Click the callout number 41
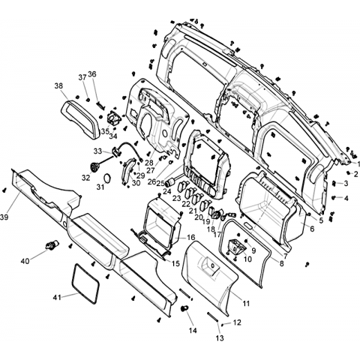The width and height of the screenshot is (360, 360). coord(57,298)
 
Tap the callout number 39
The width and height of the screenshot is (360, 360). coord(4,217)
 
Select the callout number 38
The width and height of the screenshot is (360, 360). coord(58,86)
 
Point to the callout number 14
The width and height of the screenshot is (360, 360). coord(193,331)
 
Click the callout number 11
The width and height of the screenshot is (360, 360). coord(246,304)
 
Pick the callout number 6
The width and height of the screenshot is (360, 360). coord(312,229)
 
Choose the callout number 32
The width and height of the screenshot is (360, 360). coord(85,178)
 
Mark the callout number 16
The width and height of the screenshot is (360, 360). coord(191,237)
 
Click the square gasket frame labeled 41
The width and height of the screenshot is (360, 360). coord(85,283)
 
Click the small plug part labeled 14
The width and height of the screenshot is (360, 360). coord(184,309)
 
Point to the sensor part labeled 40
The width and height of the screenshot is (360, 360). coord(52,244)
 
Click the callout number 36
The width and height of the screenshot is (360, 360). coord(92,74)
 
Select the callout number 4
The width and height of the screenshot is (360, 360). coord(346,198)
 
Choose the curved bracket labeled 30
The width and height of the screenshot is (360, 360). coord(127,171)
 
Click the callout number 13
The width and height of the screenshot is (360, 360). coord(220,338)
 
